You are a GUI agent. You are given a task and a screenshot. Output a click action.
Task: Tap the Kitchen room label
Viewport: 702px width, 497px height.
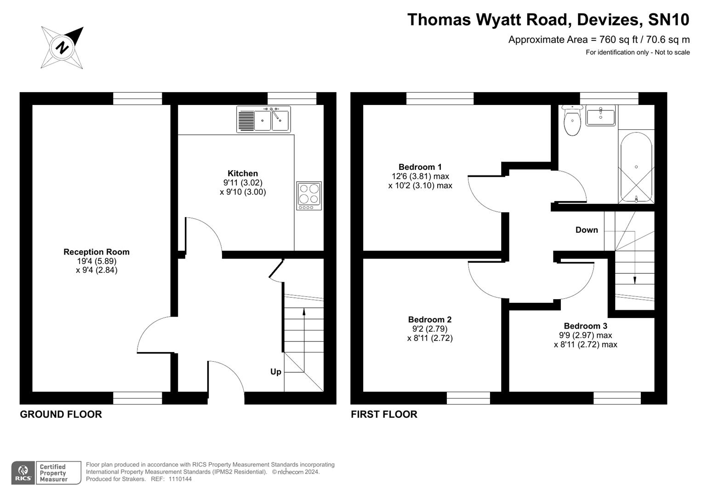tap(243, 173)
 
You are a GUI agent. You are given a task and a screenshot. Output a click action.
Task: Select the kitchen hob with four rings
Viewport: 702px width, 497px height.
tap(309, 196)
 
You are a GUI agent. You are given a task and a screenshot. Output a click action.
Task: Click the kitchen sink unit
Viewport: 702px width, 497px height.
tap(263, 119)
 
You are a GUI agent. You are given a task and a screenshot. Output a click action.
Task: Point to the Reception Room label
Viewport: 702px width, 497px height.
tap(97, 252)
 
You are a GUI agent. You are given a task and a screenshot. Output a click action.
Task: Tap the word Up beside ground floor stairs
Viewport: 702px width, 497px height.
tap(276, 371)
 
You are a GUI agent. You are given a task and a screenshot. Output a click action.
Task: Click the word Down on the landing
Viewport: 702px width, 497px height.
tap(587, 230)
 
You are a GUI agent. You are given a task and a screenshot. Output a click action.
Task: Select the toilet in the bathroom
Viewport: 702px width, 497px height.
tap(572, 121)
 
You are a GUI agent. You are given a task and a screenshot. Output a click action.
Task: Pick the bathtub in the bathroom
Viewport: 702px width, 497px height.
tap(636, 167)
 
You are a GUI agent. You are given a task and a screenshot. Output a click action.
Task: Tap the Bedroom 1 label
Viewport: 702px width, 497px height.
tap(420, 167)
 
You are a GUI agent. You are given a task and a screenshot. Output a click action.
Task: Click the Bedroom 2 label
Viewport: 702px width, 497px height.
tap(430, 319)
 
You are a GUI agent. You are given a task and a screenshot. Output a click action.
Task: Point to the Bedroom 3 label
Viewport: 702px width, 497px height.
tap(586, 326)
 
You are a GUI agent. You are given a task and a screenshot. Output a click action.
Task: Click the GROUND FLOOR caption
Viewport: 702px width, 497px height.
tap(61, 414)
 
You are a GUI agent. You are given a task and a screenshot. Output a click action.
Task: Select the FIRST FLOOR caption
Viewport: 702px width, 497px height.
tap(384, 414)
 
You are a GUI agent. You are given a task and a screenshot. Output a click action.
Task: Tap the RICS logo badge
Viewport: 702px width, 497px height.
tap(23, 473)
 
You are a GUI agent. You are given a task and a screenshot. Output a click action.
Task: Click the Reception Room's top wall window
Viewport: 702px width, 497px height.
tap(137, 98)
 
